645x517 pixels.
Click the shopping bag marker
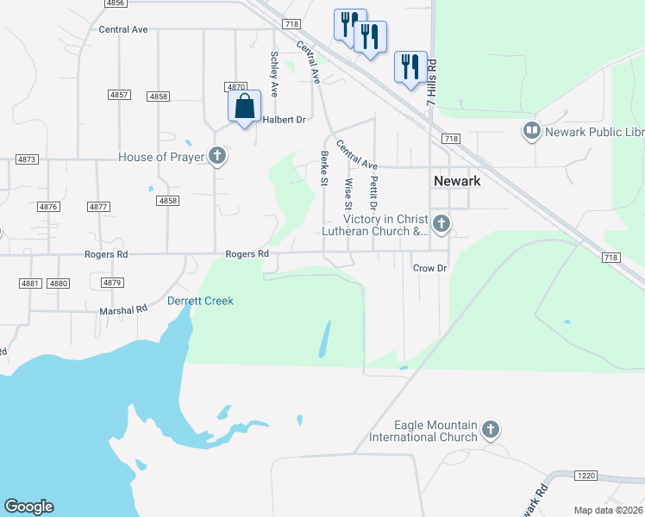(245, 107)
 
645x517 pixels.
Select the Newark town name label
(456, 181)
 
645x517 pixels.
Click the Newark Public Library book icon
(531, 131)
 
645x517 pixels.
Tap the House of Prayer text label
(161, 157)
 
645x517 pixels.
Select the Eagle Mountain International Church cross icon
(491, 429)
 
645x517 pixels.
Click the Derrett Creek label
(200, 301)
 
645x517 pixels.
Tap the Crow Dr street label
(429, 268)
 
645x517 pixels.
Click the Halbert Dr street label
(284, 120)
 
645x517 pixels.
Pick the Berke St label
(325, 167)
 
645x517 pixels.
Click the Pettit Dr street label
(374, 193)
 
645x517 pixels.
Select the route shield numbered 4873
(28, 159)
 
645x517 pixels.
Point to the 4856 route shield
(115, 3)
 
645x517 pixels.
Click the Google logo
(28, 507)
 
